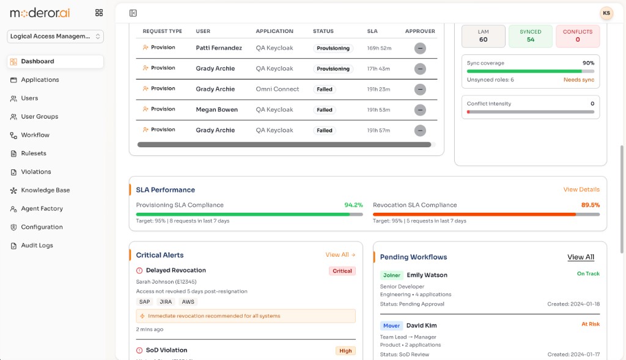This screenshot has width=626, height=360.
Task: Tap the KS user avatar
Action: [x=606, y=13]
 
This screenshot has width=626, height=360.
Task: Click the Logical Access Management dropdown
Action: [x=55, y=36]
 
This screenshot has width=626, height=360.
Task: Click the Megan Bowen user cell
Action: [x=216, y=110]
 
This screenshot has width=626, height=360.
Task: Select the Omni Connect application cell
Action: [x=277, y=89]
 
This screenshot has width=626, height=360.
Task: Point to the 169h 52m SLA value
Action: [x=379, y=48]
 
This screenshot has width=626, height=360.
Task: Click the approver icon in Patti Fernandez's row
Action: [x=419, y=48]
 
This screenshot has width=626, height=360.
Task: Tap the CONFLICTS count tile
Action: [x=577, y=36]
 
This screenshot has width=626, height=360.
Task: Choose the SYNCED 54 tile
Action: [x=530, y=36]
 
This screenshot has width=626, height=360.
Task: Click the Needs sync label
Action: [x=578, y=80]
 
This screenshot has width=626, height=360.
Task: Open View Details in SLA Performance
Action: [x=581, y=189]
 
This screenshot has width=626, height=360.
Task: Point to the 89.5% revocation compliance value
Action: [x=590, y=205]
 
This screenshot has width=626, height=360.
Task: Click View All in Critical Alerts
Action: [x=340, y=255]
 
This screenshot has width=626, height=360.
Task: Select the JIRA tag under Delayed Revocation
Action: [x=166, y=302]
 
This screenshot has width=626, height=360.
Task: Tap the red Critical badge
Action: [x=342, y=271]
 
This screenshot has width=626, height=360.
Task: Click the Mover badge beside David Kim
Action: [x=391, y=326]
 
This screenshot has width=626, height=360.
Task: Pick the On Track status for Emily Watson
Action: [x=588, y=274]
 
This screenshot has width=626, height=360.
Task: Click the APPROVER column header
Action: [x=420, y=31]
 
